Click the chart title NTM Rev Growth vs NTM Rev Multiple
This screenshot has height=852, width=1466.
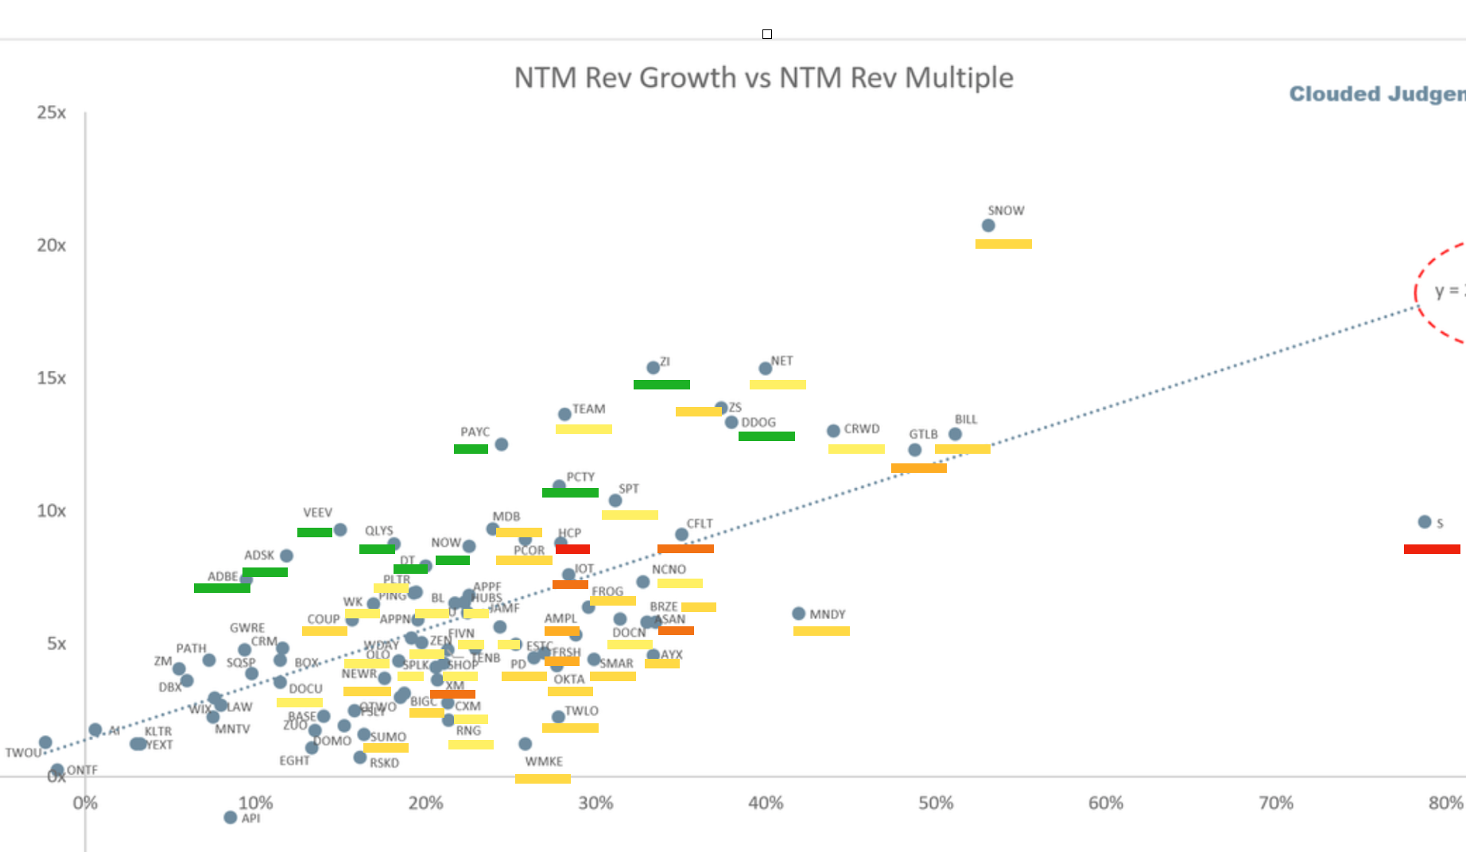coord(763,78)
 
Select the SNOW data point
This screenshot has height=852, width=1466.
coord(988,226)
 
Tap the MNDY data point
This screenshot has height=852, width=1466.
coord(798,614)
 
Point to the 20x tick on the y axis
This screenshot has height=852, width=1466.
coord(52,246)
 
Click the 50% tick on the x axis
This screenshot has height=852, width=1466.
coord(936,803)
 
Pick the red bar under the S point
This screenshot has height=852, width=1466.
coord(1432,549)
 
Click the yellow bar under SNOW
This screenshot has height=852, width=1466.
coord(1003,244)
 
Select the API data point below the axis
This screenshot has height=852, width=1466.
coord(231,817)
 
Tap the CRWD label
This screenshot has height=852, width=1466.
coord(862,429)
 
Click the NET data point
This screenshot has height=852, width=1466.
coord(765,368)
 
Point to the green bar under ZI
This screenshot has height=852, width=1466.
coord(661,385)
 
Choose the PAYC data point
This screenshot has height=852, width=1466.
coord(501,444)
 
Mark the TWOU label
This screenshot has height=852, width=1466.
coord(23,753)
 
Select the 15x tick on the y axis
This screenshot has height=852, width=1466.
coord(52,378)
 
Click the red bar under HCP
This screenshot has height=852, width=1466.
coord(572,549)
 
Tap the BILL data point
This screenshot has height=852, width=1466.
coord(955,434)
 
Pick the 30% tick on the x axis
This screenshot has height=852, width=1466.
coord(595,803)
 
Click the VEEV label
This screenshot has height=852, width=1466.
coord(317,513)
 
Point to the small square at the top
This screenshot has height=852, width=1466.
coord(767,34)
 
